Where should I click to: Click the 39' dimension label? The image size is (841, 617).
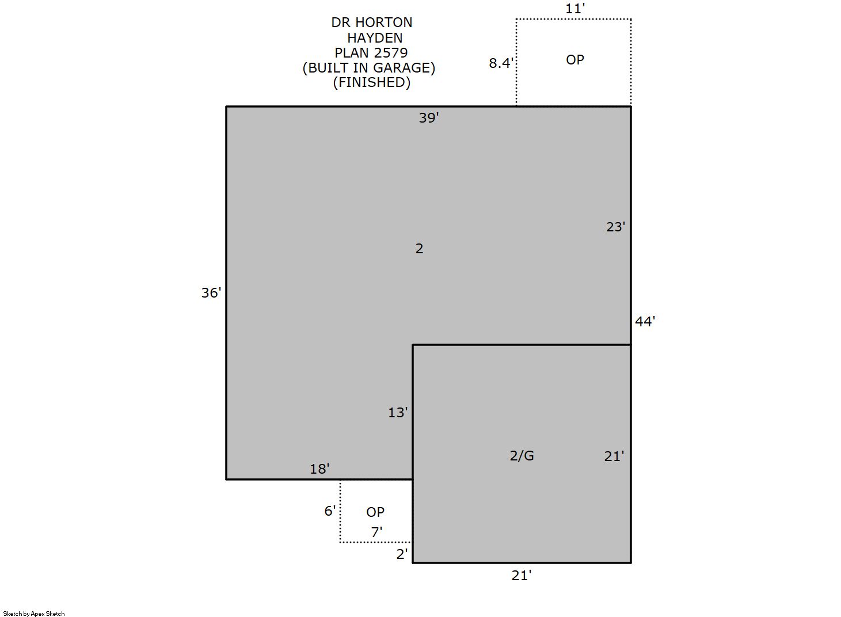click(429, 118)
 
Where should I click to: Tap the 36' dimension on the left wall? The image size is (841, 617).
click(211, 293)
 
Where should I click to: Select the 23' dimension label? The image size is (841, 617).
click(616, 227)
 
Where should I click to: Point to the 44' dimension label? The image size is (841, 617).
click(645, 321)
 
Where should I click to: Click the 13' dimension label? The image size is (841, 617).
click(398, 413)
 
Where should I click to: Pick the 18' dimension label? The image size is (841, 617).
click(319, 469)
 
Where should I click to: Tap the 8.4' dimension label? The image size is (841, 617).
click(501, 63)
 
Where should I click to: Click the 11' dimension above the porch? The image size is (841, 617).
click(575, 9)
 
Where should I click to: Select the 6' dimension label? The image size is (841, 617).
click(330, 511)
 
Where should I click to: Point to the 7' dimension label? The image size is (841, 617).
click(376, 532)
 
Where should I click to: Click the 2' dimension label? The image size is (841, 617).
click(402, 554)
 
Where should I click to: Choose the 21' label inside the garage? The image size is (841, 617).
click(614, 456)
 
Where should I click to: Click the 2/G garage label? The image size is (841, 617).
click(522, 456)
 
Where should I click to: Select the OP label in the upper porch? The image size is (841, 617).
click(575, 60)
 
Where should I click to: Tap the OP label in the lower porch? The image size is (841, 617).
click(375, 512)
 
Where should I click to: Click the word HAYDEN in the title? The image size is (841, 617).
click(375, 38)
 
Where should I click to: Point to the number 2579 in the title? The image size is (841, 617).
click(392, 52)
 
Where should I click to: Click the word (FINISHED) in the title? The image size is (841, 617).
click(372, 82)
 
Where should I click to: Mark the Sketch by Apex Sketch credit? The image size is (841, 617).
click(34, 614)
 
